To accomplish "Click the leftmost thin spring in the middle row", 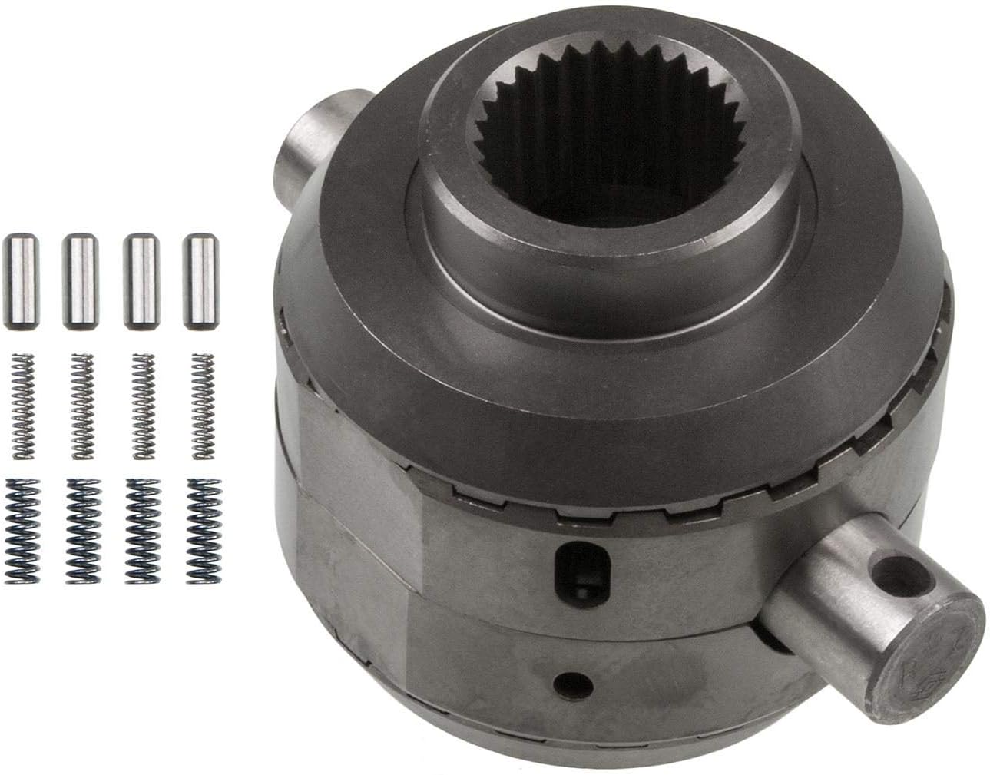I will (x=22, y=406).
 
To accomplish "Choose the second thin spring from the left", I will (x=81, y=406).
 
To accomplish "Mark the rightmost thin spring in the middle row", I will (x=201, y=406).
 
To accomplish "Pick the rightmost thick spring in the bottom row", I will (x=203, y=530).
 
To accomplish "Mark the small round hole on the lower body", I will (x=570, y=682).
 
